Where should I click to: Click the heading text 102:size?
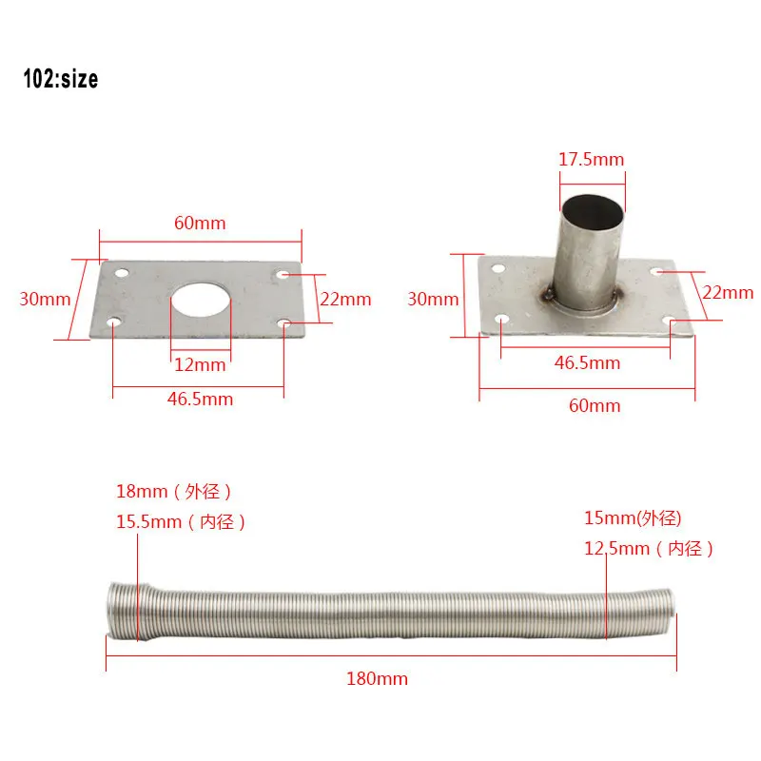tap(61, 80)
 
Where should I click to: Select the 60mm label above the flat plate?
tap(200, 223)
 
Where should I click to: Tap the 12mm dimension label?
tap(200, 364)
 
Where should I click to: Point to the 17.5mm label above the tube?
tap(591, 160)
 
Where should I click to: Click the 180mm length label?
tap(377, 678)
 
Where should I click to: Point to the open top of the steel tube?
tap(591, 205)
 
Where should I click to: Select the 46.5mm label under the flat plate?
tap(200, 399)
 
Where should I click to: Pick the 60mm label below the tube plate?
tap(595, 405)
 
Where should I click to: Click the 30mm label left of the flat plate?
tap(45, 299)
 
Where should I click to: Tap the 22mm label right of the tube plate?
tap(728, 293)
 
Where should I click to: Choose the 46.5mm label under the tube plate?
tap(587, 362)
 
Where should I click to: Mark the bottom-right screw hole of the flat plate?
tap(286, 324)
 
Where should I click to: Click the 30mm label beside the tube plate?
tap(433, 299)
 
